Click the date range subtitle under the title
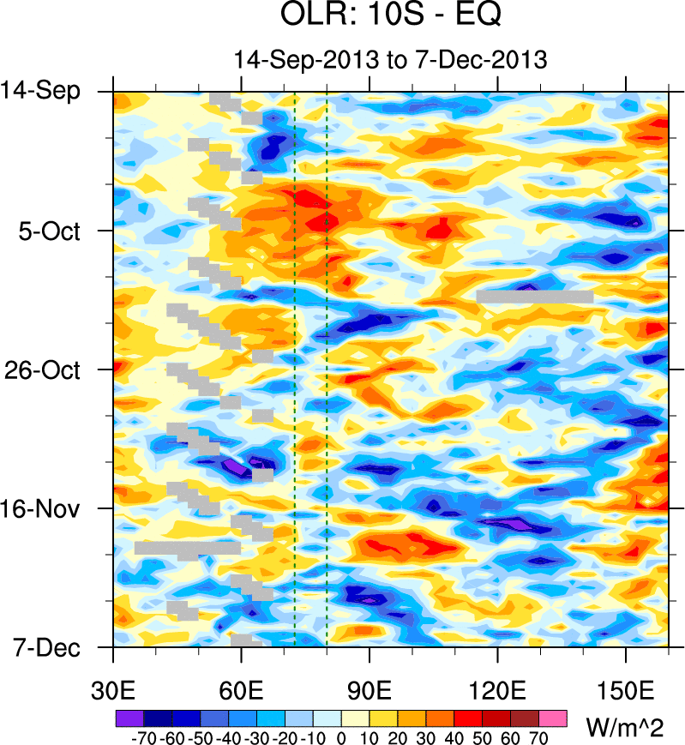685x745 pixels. coord(390,60)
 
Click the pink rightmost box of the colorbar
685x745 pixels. coord(553,717)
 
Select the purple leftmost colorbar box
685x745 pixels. coord(129,717)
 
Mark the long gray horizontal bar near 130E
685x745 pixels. coord(535,297)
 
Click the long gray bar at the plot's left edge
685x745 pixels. coord(187,547)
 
